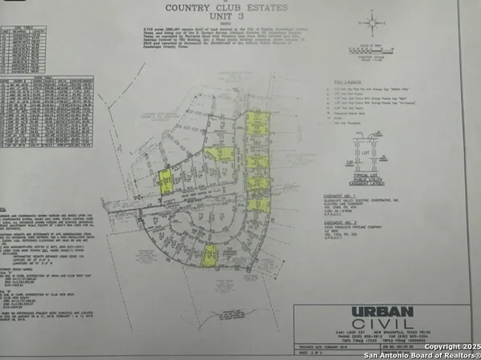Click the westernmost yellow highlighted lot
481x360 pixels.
click(x=165, y=185)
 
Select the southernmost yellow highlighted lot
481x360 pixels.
click(x=208, y=255)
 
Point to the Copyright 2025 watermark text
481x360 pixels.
click(x=448, y=346)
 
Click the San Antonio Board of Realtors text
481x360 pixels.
click(x=420, y=354)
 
